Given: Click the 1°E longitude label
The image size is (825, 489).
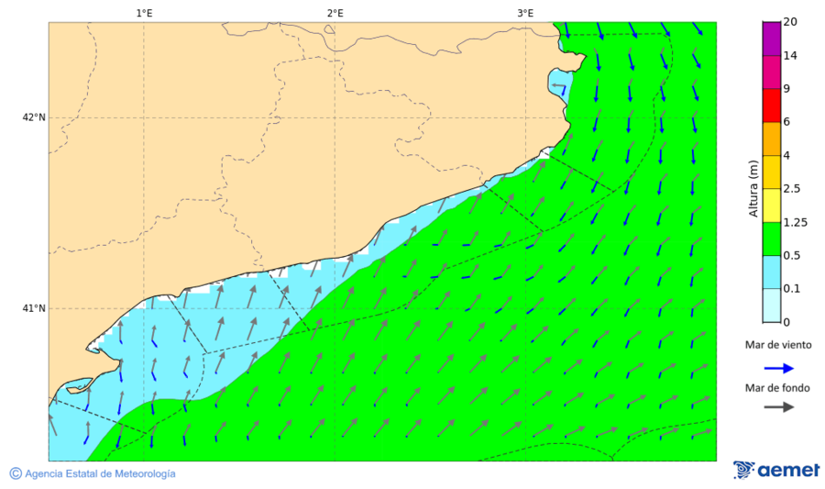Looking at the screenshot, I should pyautogui.click(x=144, y=13).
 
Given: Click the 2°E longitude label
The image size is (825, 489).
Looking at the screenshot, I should pyautogui.click(x=335, y=13).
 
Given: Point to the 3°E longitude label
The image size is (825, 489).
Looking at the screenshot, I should pyautogui.click(x=525, y=13).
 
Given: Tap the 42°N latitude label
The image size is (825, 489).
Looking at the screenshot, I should pyautogui.click(x=34, y=117).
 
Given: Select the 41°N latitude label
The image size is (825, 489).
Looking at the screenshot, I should pyautogui.click(x=34, y=308).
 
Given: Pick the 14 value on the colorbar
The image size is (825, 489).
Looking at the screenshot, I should pyautogui.click(x=791, y=56).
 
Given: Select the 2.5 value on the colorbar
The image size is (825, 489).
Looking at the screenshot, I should pyautogui.click(x=792, y=189).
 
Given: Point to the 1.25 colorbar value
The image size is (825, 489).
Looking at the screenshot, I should pyautogui.click(x=795, y=222).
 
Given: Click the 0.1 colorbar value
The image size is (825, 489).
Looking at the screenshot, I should pyautogui.click(x=792, y=289).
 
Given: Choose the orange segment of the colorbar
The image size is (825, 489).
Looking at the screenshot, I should pyautogui.click(x=771, y=139).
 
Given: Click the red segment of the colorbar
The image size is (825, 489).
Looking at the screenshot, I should pyautogui.click(x=771, y=106).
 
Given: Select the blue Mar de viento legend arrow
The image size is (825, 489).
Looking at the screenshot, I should pyautogui.click(x=777, y=368).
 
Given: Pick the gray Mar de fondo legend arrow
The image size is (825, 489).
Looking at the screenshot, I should pyautogui.click(x=777, y=407).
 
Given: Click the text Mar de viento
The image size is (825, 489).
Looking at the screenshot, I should pyautogui.click(x=777, y=345).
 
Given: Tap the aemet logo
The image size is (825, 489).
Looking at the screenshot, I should pyautogui.click(x=776, y=470).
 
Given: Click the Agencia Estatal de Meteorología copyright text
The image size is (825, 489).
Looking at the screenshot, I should pyautogui.click(x=100, y=473).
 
